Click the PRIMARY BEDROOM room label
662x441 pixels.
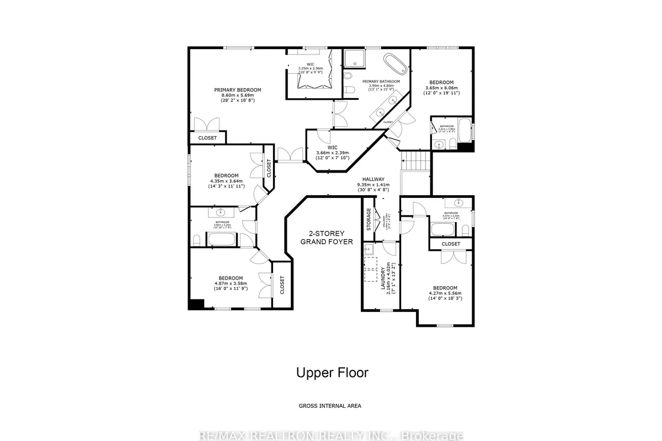[x=238, y=90]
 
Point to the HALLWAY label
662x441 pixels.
[x=373, y=180]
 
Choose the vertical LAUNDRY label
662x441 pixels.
[x=383, y=278]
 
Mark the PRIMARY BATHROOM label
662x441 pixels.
[x=381, y=81]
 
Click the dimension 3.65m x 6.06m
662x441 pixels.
[x=442, y=88]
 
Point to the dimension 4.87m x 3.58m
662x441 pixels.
[x=230, y=283]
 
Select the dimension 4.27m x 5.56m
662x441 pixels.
[x=445, y=293]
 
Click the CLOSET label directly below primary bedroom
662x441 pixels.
[x=207, y=138]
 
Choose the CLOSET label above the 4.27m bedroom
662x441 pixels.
[x=451, y=244]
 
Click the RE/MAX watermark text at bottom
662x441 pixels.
[x=331, y=435]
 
